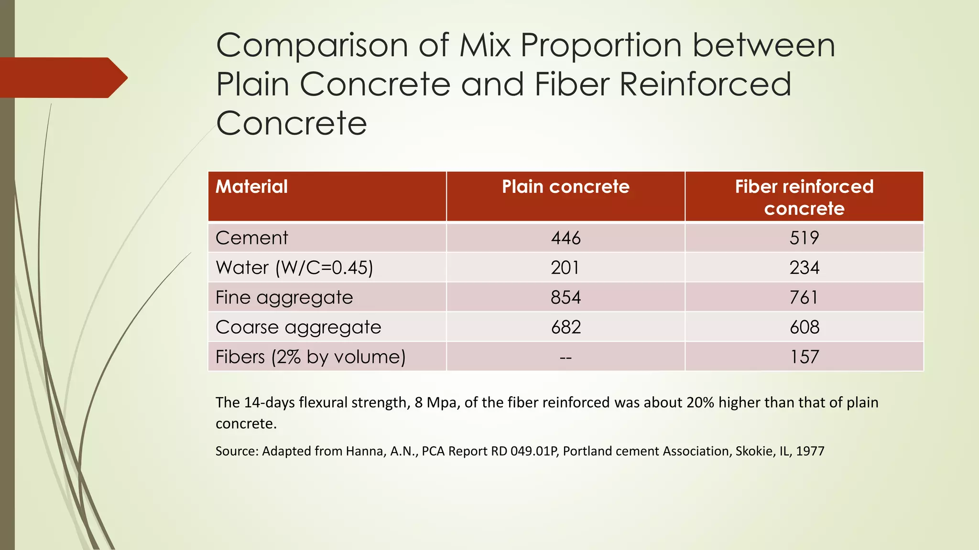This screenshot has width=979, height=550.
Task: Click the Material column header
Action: pyautogui.click(x=251, y=187)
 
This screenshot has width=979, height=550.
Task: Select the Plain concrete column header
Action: pyautogui.click(x=566, y=187)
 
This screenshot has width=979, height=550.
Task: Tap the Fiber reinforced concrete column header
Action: pyautogui.click(x=804, y=197)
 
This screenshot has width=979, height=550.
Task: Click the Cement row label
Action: pyautogui.click(x=251, y=238)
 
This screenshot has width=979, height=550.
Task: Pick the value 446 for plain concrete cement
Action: pyautogui.click(x=566, y=238)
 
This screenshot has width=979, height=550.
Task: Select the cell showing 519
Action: pyautogui.click(x=804, y=238)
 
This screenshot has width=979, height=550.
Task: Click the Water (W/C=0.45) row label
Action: pyautogui.click(x=294, y=267)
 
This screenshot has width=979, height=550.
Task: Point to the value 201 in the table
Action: pyautogui.click(x=565, y=267)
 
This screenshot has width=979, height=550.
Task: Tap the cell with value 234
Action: pyautogui.click(x=804, y=267)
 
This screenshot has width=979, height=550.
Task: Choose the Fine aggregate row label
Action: pyautogui.click(x=284, y=297)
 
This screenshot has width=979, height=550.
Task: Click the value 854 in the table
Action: pyautogui.click(x=566, y=297)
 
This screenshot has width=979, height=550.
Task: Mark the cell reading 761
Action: pyautogui.click(x=804, y=297)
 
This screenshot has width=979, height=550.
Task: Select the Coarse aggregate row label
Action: pyautogui.click(x=298, y=327)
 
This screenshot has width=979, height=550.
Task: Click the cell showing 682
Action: pyautogui.click(x=566, y=327)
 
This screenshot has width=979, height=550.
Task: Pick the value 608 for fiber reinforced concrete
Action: pyautogui.click(x=804, y=327)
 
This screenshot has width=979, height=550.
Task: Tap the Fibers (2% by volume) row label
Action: pyautogui.click(x=310, y=357)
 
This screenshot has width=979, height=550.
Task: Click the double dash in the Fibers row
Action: pyautogui.click(x=566, y=357)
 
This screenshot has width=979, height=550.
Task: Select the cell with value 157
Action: pyautogui.click(x=804, y=357)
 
